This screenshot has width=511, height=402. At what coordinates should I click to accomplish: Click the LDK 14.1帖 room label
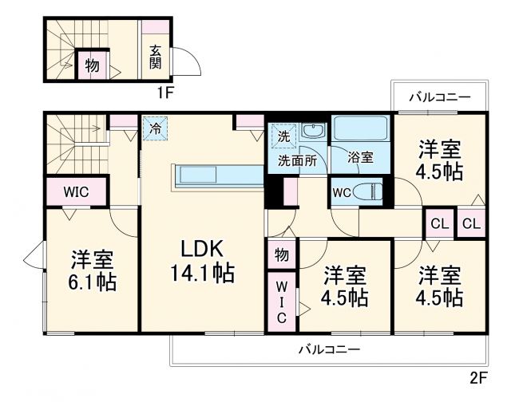(x=201, y=261)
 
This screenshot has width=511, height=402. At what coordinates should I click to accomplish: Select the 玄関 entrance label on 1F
(x=155, y=56)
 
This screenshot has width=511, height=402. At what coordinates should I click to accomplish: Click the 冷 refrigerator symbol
(x=153, y=127)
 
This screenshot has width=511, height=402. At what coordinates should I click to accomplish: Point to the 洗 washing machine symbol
(x=283, y=136)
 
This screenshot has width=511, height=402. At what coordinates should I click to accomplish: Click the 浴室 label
(x=361, y=158)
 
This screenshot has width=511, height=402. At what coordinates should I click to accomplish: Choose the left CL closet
(x=439, y=223)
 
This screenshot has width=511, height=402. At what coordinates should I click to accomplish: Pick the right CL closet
(x=471, y=223)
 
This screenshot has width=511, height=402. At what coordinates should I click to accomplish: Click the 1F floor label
(x=164, y=92)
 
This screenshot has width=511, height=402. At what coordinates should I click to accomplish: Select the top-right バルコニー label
(x=439, y=97)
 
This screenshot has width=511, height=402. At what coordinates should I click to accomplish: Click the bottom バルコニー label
(x=329, y=349)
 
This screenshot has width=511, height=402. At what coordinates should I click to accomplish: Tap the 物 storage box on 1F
(x=93, y=66)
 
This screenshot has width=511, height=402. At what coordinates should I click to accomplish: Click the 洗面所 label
(x=297, y=159)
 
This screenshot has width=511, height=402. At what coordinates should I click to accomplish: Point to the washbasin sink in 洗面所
(x=312, y=132)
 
